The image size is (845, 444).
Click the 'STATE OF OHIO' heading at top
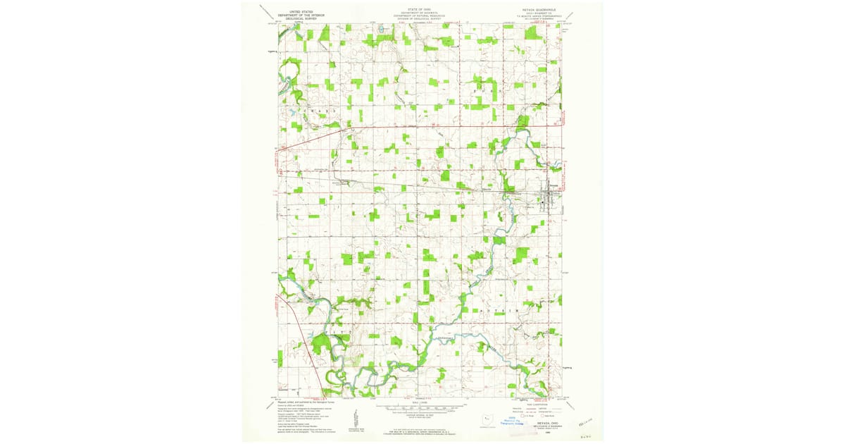pyautogui.click(x=423, y=11)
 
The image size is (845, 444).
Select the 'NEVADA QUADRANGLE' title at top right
pyautogui.click(x=539, y=11)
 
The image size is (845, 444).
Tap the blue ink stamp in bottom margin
pyautogui.click(x=513, y=421)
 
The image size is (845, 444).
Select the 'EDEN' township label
pyautogui.click(x=486, y=92)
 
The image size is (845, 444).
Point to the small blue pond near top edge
pyautogui.click(x=380, y=30)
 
